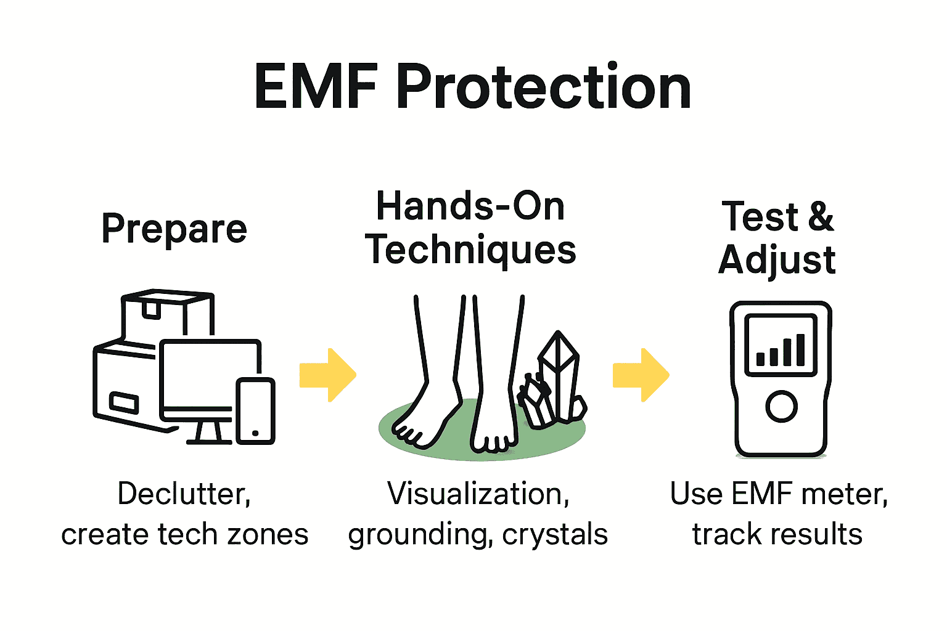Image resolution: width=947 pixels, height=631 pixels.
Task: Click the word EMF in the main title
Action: (x=316, y=88)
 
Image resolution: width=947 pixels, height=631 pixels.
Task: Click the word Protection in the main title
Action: (x=543, y=88)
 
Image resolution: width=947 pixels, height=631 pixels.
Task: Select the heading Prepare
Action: (x=174, y=229)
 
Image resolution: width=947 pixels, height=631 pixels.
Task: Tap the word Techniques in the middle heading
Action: (x=470, y=250)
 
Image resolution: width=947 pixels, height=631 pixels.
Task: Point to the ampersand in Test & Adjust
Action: (x=820, y=217)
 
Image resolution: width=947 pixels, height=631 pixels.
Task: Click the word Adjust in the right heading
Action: (x=777, y=260)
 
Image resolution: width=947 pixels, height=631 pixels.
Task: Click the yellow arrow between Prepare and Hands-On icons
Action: (x=327, y=375)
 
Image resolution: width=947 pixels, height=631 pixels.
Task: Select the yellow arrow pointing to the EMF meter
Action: (x=641, y=375)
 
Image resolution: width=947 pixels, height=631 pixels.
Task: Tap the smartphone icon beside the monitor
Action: (x=256, y=410)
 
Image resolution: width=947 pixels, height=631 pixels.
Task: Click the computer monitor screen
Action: (x=210, y=376)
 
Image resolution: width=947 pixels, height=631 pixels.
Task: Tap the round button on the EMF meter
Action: (x=781, y=406)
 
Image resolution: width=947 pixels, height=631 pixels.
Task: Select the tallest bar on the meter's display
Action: (x=800, y=349)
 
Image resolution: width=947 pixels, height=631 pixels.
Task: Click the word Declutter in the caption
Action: (x=184, y=494)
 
